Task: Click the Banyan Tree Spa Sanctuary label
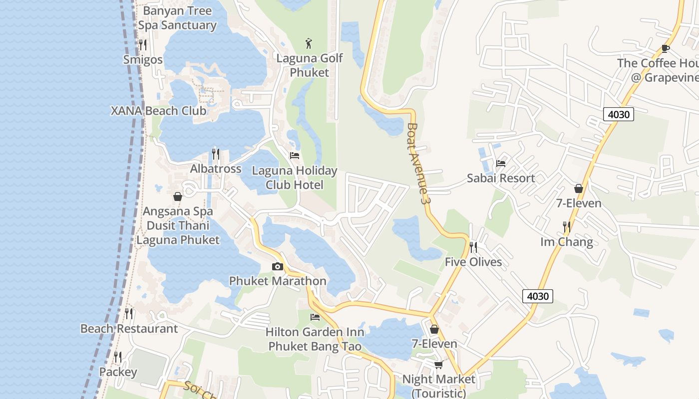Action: (x=177, y=18)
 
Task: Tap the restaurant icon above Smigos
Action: (x=143, y=45)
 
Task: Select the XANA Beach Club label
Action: (x=159, y=111)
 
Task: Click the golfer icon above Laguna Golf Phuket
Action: (x=310, y=43)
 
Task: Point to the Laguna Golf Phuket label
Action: (x=310, y=65)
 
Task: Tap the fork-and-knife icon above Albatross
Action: (x=216, y=154)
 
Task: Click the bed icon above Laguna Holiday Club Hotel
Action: (x=295, y=156)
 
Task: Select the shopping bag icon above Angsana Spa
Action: (x=177, y=197)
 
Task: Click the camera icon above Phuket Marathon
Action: (x=278, y=267)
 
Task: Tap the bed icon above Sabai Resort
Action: (x=501, y=163)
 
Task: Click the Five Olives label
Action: (x=473, y=262)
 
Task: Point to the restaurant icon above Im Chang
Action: (x=567, y=227)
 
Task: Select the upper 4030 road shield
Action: (x=619, y=114)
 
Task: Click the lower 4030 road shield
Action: (x=538, y=296)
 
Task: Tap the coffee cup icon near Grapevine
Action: (x=665, y=48)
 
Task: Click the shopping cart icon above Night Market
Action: (x=438, y=365)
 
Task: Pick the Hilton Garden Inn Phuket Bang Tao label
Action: (x=315, y=339)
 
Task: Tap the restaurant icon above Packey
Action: (x=118, y=357)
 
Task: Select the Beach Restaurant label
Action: (x=129, y=329)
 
